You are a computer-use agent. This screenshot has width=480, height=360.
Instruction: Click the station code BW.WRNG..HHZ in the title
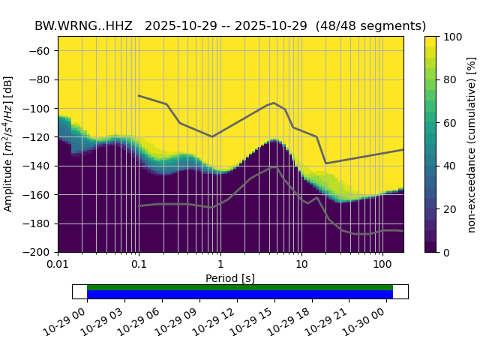pos(83,26)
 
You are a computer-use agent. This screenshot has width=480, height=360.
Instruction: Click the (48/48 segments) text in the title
pos(370,26)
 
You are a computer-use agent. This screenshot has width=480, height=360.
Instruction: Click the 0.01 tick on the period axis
pos(58,264)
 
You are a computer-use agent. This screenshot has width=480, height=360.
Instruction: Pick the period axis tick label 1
pos(220,264)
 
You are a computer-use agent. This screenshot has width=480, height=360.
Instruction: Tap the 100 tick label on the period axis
pos(382,264)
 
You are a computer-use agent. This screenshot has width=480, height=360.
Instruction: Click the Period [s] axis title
pos(230,277)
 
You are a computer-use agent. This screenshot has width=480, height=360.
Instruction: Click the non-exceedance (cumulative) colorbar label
pos(471,144)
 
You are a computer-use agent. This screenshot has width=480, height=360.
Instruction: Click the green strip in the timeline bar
pos(240,287)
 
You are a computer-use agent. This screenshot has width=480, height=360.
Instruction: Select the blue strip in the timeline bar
pos(240,294)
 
